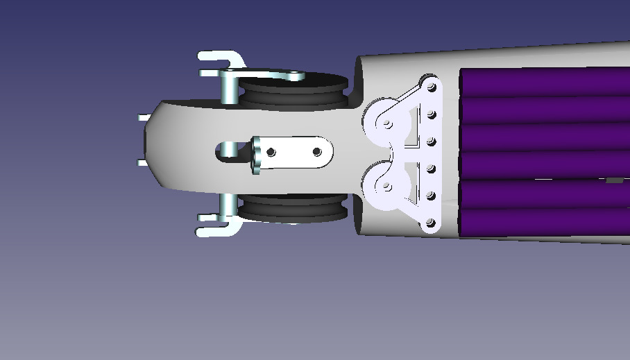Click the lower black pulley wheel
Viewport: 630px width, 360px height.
point(291,208)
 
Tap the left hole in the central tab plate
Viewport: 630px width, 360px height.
point(271,151)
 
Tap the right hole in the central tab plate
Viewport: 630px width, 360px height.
point(317,151)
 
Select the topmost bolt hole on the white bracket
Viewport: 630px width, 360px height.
point(432,87)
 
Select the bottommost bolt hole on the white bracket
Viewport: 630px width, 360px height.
point(430,223)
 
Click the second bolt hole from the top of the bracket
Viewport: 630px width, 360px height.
point(432,114)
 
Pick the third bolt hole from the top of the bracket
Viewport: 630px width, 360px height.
point(432,142)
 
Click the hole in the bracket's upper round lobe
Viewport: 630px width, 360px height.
point(386,124)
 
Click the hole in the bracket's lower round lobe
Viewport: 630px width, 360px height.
point(386,187)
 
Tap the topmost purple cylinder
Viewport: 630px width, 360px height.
point(545,82)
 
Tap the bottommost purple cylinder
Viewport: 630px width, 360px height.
point(545,222)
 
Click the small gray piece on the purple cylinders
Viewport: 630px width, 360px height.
point(614,180)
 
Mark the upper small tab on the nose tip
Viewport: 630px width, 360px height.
point(142,117)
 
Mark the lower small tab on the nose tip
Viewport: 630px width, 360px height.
point(142,163)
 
